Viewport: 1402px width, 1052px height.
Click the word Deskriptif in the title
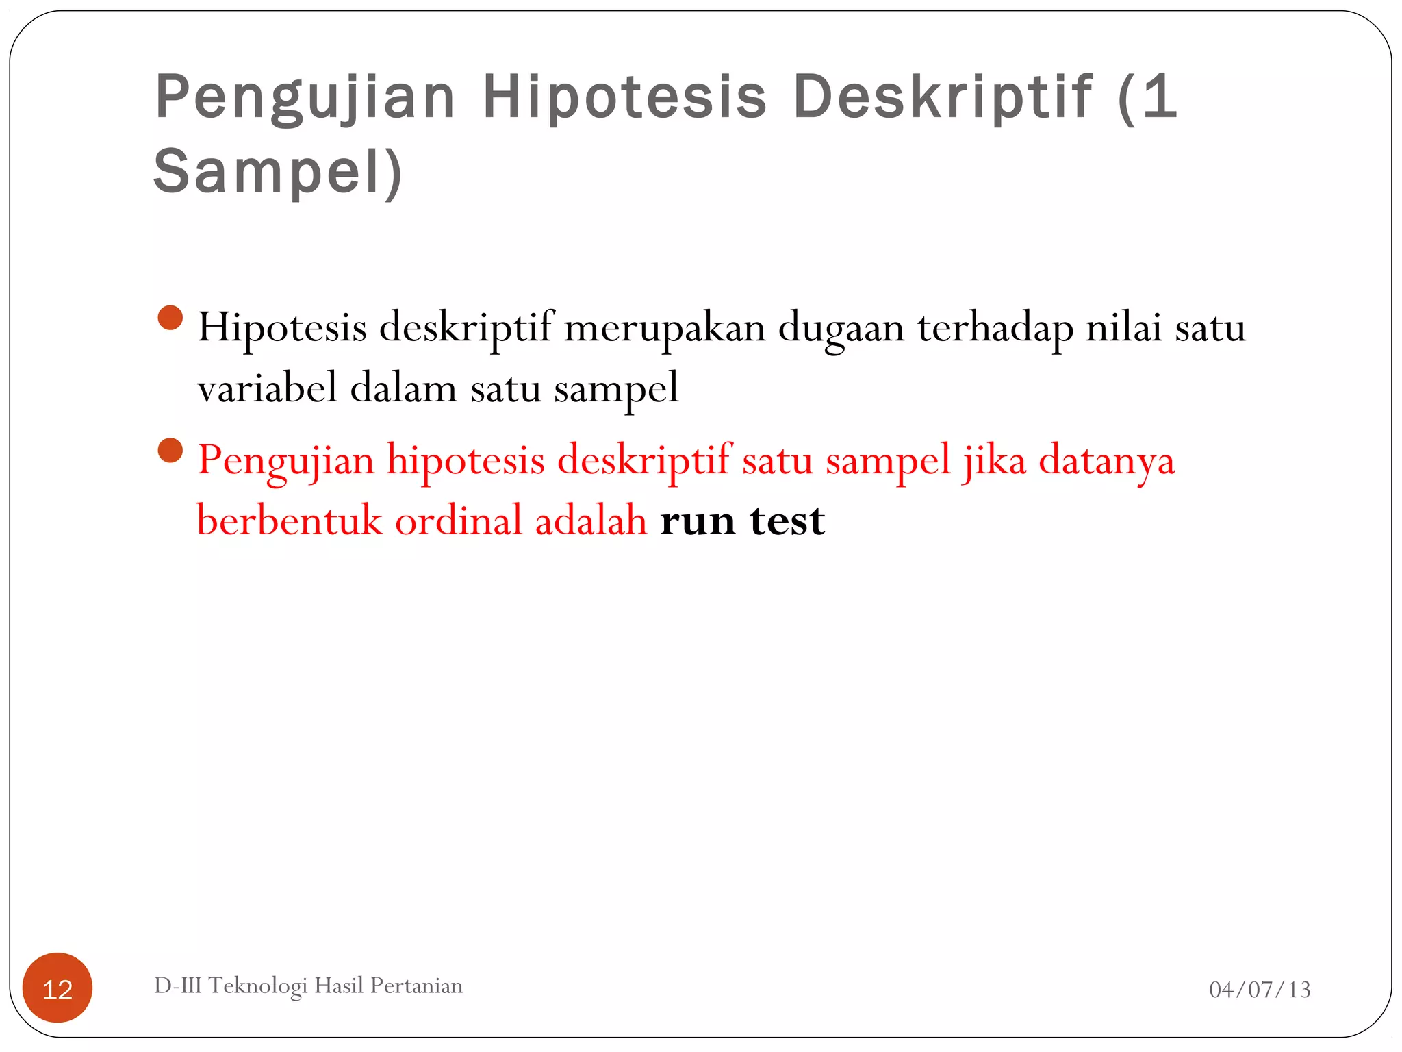point(943,97)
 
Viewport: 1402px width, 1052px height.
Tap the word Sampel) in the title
point(278,171)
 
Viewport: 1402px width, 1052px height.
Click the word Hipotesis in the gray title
point(624,97)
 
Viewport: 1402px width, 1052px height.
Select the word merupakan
point(665,327)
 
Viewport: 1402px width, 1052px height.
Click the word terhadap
point(996,327)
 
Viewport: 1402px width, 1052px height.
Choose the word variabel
point(268,388)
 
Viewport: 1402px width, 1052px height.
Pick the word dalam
point(403,388)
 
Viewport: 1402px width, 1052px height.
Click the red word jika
point(995,460)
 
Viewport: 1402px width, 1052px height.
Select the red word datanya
point(1106,460)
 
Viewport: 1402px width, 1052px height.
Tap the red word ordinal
point(459,520)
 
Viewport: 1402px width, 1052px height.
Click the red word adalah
point(591,520)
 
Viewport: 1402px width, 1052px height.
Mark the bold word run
point(698,521)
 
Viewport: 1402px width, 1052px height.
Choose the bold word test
point(787,521)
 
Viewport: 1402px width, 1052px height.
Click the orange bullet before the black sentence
point(170,318)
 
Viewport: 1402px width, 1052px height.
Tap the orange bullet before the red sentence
point(170,451)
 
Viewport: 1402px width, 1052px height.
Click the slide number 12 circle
point(58,988)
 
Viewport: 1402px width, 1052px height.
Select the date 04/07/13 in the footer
point(1260,989)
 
